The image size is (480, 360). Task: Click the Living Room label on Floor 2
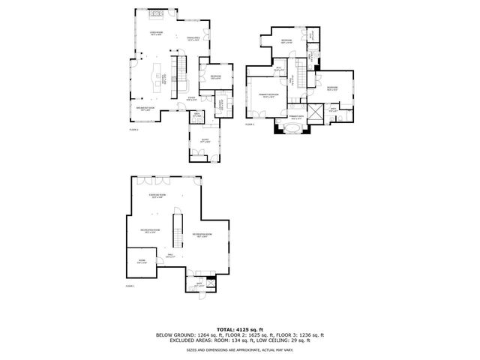click(156, 33)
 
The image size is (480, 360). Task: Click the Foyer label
click(192, 98)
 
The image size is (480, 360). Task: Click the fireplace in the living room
click(156, 13)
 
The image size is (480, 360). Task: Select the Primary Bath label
click(296, 117)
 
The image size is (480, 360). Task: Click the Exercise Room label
click(157, 196)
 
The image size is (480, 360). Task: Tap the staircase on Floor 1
click(178, 229)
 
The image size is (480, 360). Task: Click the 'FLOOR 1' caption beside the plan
click(130, 286)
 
